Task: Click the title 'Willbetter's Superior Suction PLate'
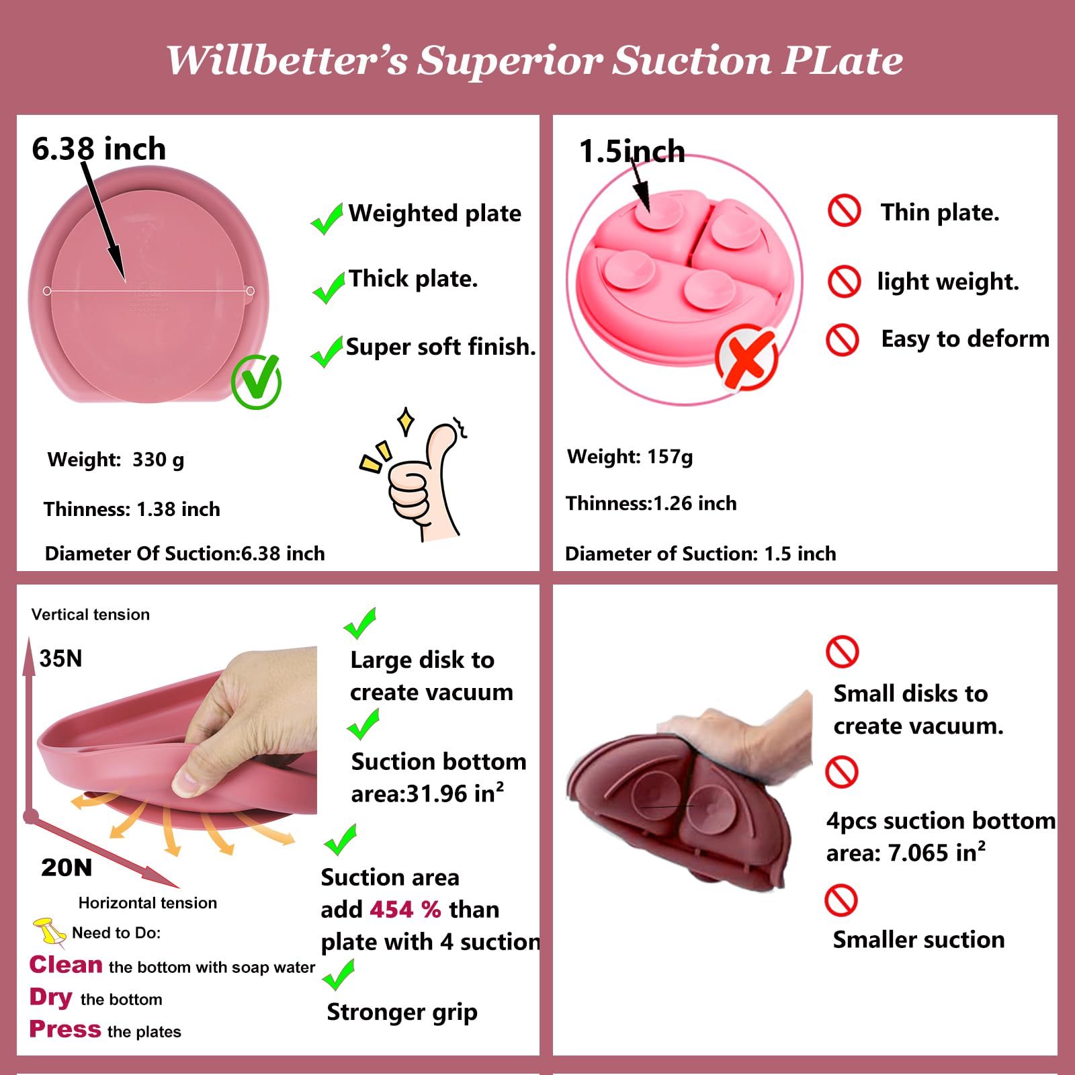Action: pos(535,60)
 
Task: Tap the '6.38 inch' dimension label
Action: pos(99,148)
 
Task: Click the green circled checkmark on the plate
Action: pos(256,382)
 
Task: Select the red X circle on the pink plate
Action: pos(746,356)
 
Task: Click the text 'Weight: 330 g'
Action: pos(116,460)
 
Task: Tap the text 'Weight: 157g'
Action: pos(630,457)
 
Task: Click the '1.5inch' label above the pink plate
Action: pos(632,151)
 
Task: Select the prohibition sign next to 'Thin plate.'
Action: pos(844,211)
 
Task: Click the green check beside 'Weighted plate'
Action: pos(327,218)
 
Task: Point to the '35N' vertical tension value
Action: pos(60,658)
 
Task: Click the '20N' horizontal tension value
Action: pos(67,867)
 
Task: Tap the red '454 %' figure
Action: pos(405,910)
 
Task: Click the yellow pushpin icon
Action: pos(49,931)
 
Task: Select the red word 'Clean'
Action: pos(66,965)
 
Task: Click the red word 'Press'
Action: pos(65,1029)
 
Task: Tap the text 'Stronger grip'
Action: pos(402,1013)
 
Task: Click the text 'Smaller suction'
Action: pos(918,940)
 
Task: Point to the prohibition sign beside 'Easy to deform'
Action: pos(843,339)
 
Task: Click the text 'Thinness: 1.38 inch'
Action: pos(132,509)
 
